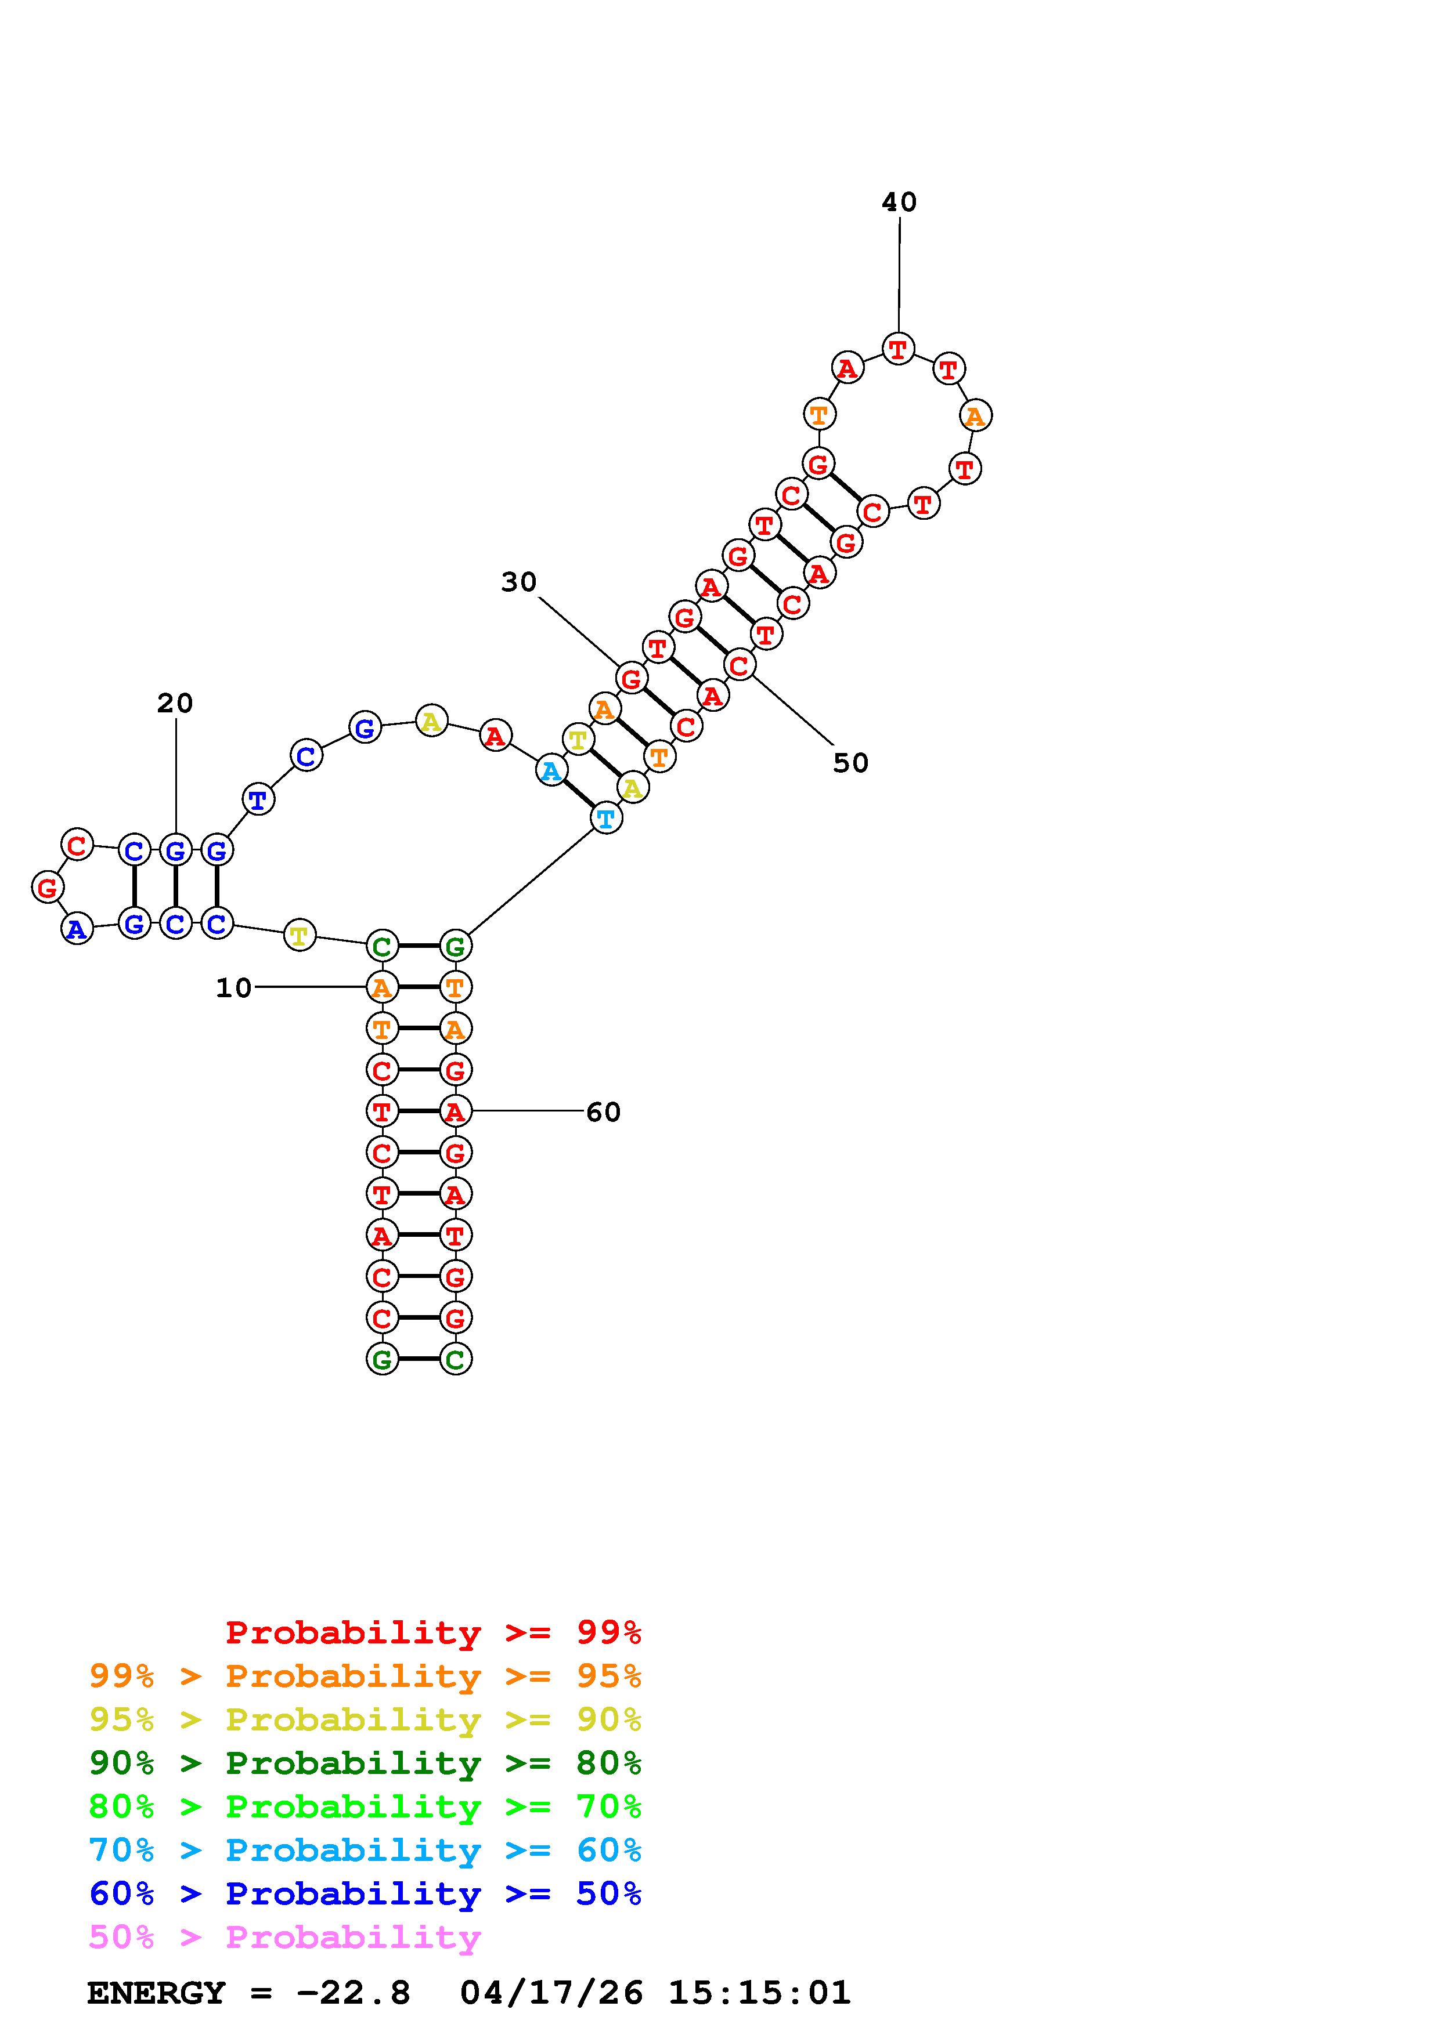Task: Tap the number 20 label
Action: point(175,703)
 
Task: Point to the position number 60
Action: point(603,1111)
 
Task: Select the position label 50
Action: point(850,762)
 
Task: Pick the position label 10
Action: point(234,987)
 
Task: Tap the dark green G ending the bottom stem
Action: point(382,1359)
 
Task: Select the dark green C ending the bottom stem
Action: point(456,1359)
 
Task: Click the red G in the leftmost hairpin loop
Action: point(47,886)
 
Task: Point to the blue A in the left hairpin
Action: point(77,929)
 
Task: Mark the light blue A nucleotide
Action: point(551,771)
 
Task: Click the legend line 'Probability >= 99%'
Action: point(432,1632)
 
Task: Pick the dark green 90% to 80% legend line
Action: point(365,1763)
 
